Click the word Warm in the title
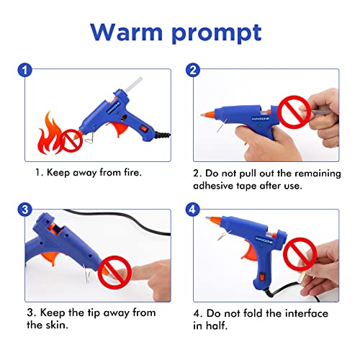(x=127, y=32)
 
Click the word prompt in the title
(x=217, y=34)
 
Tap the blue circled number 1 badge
(x=24, y=70)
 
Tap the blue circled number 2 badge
(x=193, y=70)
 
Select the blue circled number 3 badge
(x=24, y=210)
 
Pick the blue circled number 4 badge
(x=192, y=210)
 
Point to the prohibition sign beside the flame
(x=71, y=140)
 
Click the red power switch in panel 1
(x=144, y=129)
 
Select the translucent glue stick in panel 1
(x=133, y=84)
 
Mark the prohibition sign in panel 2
(x=294, y=112)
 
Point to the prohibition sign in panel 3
(x=114, y=272)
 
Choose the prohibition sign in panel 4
(x=300, y=254)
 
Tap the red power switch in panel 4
(x=263, y=277)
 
